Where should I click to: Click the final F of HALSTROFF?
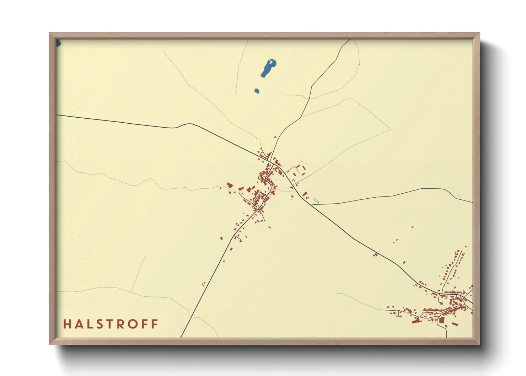click(x=155, y=324)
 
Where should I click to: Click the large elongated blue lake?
click(x=268, y=68)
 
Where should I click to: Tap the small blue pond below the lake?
click(x=257, y=91)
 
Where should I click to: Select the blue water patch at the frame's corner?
click(x=59, y=43)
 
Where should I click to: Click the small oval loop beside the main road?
click(x=316, y=202)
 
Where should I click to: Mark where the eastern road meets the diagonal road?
click(x=312, y=205)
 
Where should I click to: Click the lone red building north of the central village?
click(x=275, y=137)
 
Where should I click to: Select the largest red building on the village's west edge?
click(x=230, y=185)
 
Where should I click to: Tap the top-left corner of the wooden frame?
click(x=50, y=33)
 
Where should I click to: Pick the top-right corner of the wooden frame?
click(x=479, y=33)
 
